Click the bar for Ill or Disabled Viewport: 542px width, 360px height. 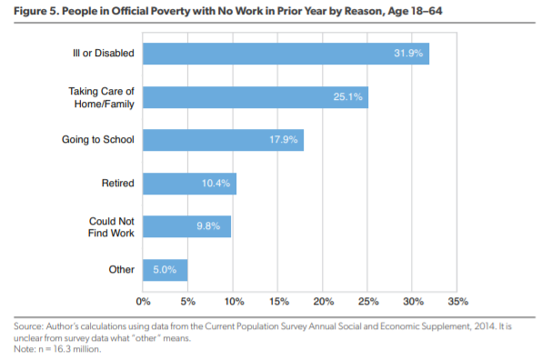click(286, 54)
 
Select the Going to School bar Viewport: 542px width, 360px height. click(223, 140)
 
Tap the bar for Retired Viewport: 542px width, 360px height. click(189, 184)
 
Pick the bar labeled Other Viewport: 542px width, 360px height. click(165, 270)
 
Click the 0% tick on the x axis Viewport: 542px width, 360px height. click(143, 301)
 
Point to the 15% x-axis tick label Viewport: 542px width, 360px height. click(277, 301)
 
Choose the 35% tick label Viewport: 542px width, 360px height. click(457, 301)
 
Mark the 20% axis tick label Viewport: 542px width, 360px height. click(322, 301)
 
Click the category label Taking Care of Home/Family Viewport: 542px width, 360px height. click(101, 97)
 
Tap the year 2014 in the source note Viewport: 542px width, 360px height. click(464, 325)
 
